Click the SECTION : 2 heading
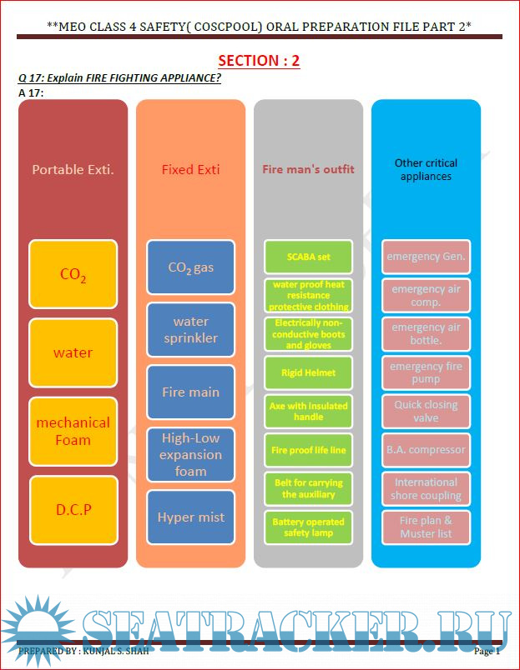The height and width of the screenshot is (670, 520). [259, 61]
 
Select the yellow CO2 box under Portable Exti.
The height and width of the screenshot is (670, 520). [73, 274]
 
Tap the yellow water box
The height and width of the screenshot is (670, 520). [73, 352]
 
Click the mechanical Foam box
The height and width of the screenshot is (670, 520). [73, 431]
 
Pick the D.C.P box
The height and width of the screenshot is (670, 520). [73, 509]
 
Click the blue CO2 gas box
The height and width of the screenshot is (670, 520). [191, 267]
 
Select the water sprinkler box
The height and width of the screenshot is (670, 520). [191, 330]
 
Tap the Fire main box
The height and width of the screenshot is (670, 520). [191, 392]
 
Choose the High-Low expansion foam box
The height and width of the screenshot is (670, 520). [191, 455]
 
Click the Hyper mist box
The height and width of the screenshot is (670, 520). [191, 517]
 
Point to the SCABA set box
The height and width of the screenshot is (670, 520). [308, 257]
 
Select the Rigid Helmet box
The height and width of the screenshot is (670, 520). [308, 372]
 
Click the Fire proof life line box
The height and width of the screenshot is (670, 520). [308, 450]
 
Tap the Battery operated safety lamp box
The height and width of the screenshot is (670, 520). [308, 527]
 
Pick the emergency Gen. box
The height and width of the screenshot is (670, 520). [426, 257]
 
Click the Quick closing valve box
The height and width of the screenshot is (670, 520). [426, 411]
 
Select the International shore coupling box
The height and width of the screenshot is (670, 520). [426, 488]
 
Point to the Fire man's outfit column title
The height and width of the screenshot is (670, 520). [308, 169]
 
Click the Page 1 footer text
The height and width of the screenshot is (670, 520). [487, 651]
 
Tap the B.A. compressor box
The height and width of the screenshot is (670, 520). [426, 450]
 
